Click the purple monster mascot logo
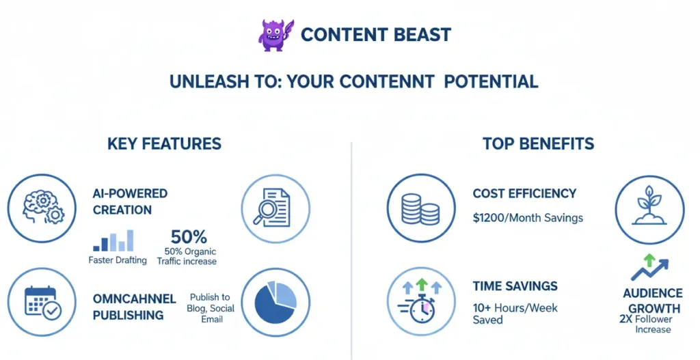275,34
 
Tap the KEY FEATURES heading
164,143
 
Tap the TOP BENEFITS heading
538,143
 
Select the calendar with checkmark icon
41,301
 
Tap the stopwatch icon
419,301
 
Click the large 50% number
189,237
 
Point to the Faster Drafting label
118,260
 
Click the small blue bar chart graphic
113,241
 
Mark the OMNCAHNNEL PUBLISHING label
134,307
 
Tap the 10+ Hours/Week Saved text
515,314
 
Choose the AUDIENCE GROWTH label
652,301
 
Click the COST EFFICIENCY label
524,194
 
